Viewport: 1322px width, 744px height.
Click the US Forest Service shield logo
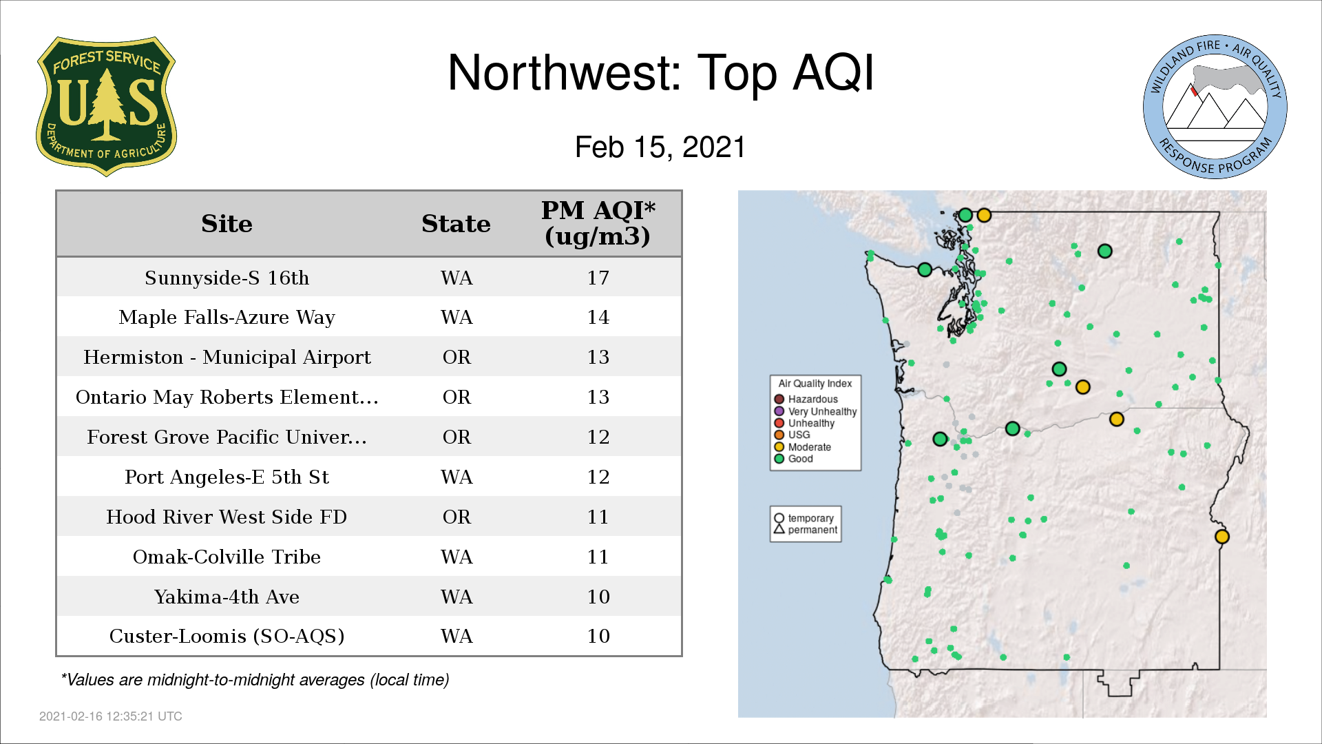point(106,107)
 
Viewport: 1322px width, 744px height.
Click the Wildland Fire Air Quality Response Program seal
point(1215,107)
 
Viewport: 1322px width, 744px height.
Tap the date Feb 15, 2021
point(660,147)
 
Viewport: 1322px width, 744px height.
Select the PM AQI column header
point(598,223)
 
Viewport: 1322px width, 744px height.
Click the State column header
point(456,224)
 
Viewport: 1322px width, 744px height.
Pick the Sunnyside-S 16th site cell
point(227,278)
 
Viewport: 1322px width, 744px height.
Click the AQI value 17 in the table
point(598,278)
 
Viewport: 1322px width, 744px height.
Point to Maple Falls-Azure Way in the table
point(227,318)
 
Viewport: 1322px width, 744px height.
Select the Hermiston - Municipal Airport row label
point(227,358)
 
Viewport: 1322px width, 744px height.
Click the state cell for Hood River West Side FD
point(457,517)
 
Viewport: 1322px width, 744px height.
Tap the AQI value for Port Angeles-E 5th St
point(598,477)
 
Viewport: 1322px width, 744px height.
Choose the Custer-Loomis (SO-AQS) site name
point(227,636)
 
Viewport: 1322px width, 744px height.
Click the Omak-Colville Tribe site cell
point(227,557)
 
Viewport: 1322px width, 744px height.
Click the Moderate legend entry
point(802,447)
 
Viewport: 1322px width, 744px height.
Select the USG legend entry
point(792,435)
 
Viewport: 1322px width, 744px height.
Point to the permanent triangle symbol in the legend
point(779,529)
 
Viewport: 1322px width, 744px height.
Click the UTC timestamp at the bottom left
point(110,716)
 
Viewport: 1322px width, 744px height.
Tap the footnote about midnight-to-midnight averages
point(255,680)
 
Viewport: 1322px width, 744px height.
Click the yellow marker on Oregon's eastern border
point(1222,537)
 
